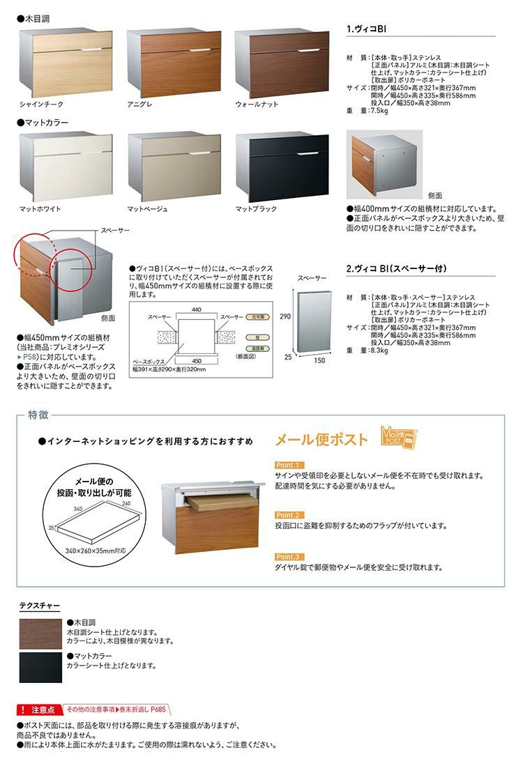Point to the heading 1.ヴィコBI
click(367, 30)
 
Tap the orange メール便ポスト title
click(321, 439)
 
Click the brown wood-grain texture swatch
click(40, 634)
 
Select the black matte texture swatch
click(40, 668)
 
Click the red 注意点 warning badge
click(38, 710)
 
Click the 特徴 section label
click(38, 415)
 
